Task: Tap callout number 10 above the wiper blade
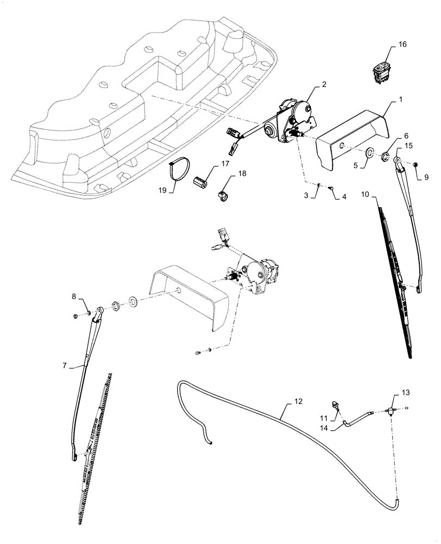point(365,194)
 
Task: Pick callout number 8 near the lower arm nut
point(74,297)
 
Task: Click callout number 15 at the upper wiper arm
point(409,146)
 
